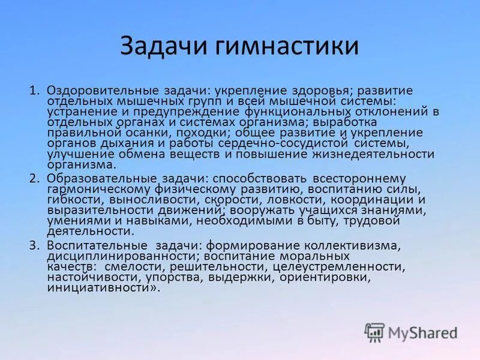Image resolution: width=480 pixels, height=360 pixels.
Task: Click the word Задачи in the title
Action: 158,46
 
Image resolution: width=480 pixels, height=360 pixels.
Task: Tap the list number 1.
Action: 34,91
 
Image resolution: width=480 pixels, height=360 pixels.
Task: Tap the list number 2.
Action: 34,178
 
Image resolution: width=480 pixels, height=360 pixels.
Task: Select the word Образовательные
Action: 96,178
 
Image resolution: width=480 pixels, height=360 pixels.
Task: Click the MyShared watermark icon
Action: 374,332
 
